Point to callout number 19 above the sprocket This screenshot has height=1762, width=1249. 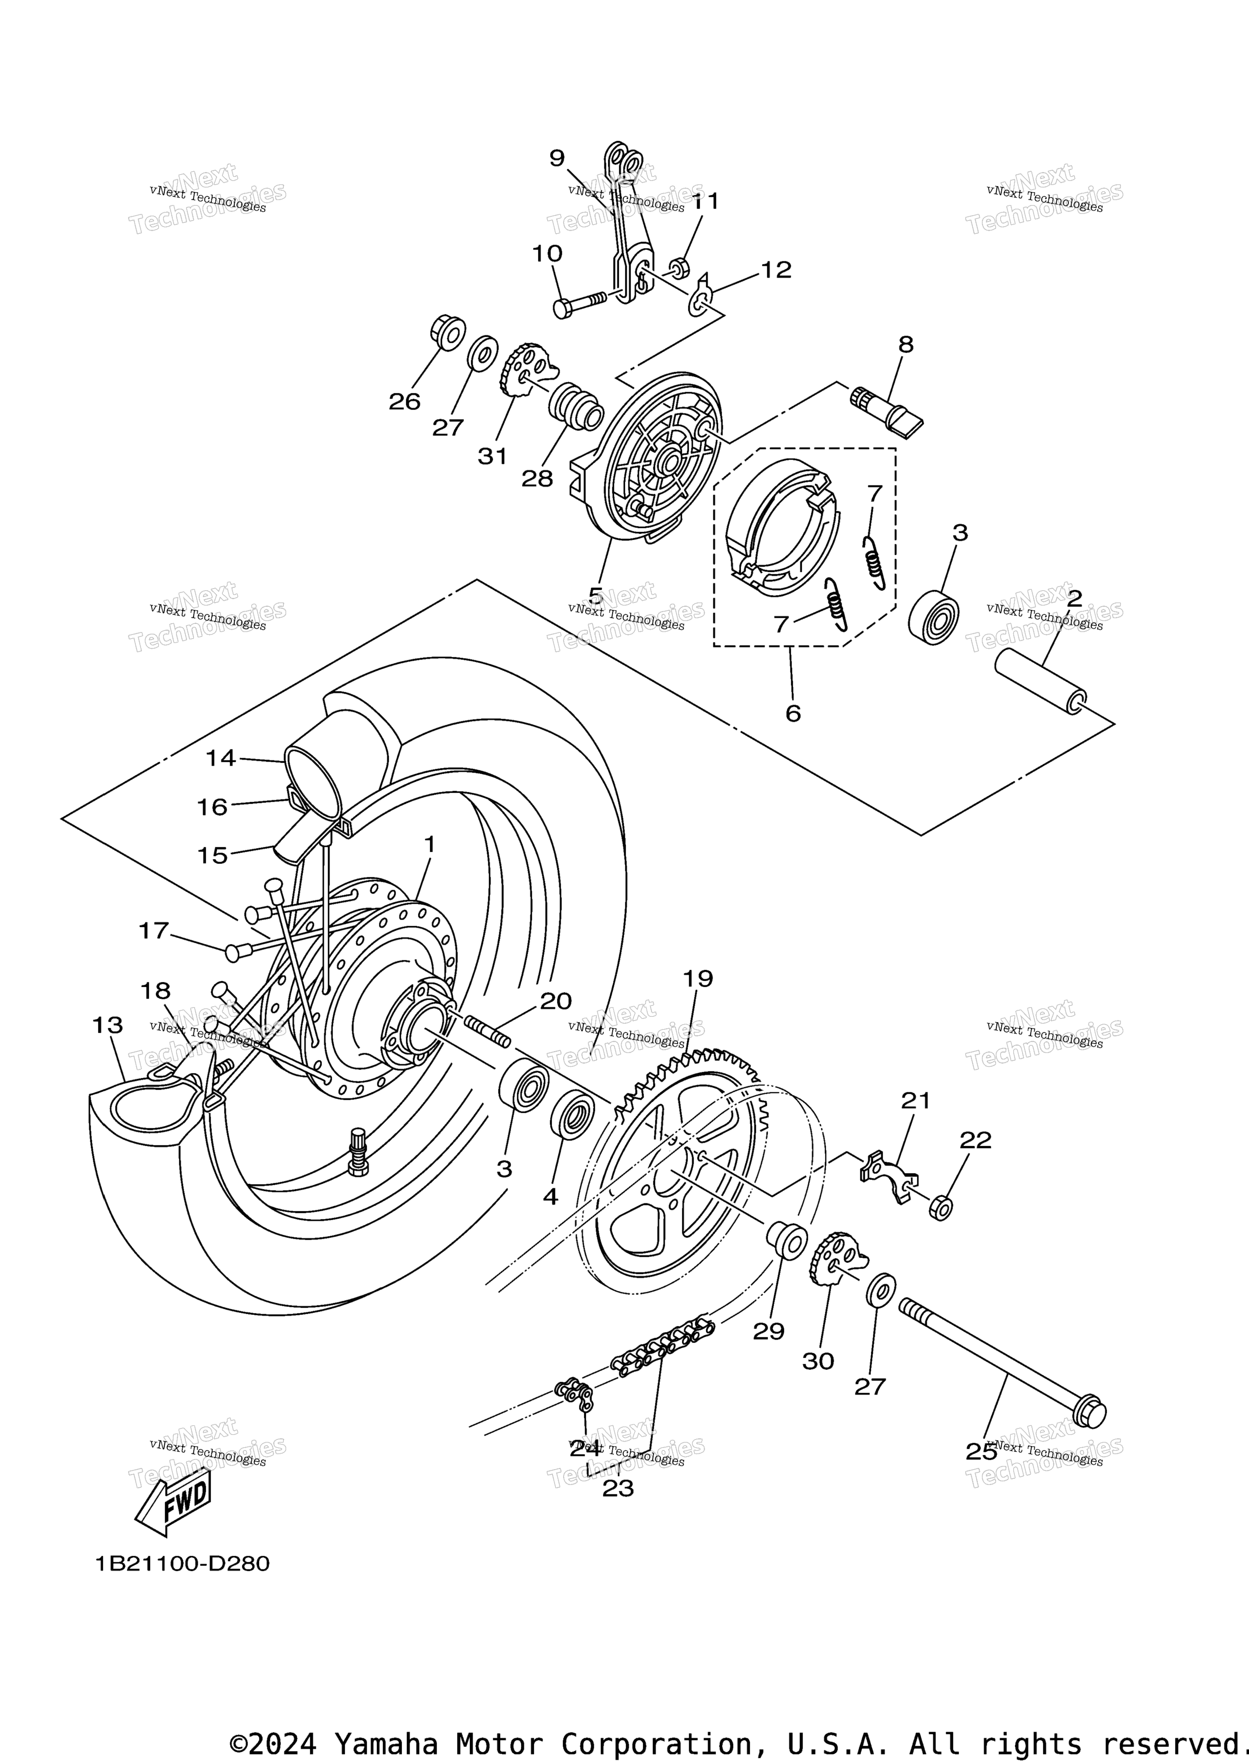coord(698,979)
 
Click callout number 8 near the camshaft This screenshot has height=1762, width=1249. coord(906,344)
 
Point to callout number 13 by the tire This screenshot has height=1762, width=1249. coord(108,1025)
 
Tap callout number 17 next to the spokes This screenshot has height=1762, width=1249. coord(153,931)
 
